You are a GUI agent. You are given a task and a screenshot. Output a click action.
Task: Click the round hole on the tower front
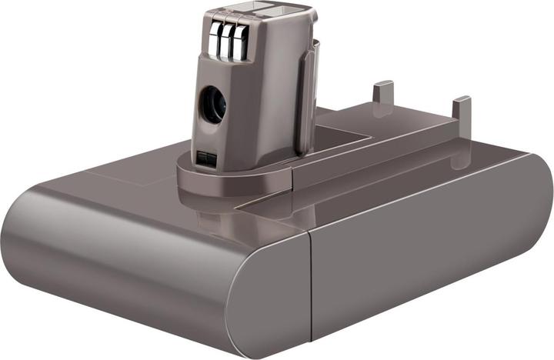(213, 105)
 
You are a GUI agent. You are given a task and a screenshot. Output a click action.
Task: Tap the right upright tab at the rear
(460, 109)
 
